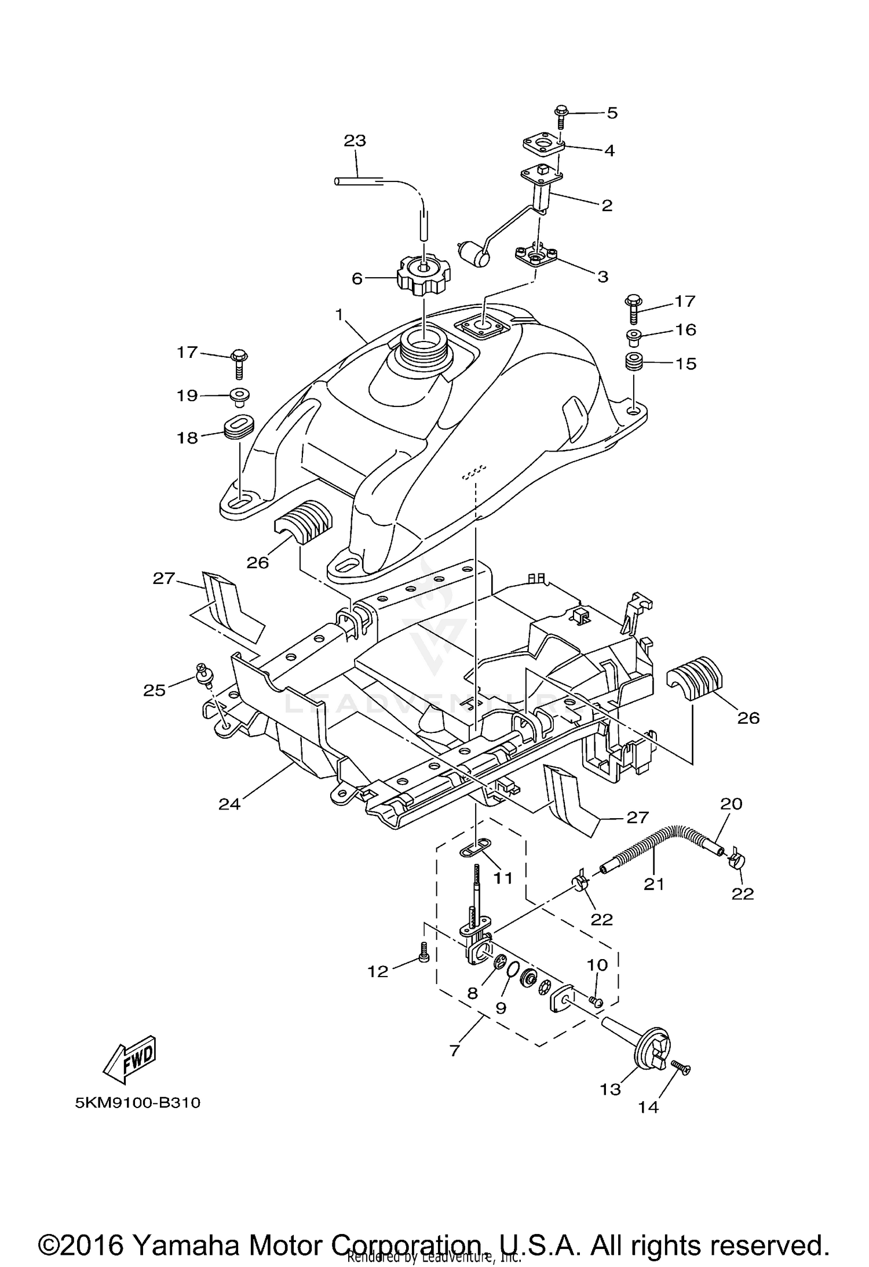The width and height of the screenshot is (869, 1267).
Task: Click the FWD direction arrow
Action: (x=130, y=1060)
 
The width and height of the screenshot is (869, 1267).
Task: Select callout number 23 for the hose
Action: (x=355, y=141)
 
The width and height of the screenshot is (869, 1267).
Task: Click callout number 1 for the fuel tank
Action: (x=339, y=315)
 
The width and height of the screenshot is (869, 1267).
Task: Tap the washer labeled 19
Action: (x=239, y=396)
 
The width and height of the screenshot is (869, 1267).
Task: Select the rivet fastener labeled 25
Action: (x=203, y=674)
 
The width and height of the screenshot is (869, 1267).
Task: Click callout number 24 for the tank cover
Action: (x=229, y=804)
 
